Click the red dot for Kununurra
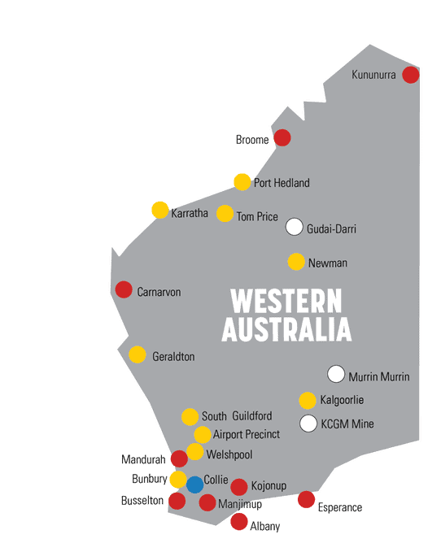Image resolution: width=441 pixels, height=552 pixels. (x=411, y=75)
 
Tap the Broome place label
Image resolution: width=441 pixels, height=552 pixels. (x=252, y=140)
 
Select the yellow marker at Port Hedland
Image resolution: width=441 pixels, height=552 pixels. (x=242, y=182)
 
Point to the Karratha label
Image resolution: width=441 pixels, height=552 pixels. (x=190, y=214)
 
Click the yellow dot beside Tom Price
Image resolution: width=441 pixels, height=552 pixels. (x=225, y=214)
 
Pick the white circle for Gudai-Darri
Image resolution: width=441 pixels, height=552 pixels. (x=295, y=227)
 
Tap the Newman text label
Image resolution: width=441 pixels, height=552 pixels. (x=328, y=263)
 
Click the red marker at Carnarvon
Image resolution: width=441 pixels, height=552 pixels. (x=124, y=289)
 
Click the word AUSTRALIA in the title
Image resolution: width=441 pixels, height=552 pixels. (x=286, y=329)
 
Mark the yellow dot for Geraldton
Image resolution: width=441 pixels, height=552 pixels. (x=138, y=354)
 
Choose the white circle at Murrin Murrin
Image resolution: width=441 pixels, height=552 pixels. (x=336, y=374)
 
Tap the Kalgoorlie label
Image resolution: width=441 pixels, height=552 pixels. (x=343, y=400)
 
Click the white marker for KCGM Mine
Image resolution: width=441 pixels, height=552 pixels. (x=308, y=424)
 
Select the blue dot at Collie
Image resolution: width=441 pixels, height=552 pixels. (x=194, y=485)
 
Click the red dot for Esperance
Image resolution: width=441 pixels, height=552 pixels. (x=306, y=500)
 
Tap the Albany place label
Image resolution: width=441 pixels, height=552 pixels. (x=265, y=527)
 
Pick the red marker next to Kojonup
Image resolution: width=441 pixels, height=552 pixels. (x=239, y=487)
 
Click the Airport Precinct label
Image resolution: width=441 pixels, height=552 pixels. (x=247, y=435)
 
